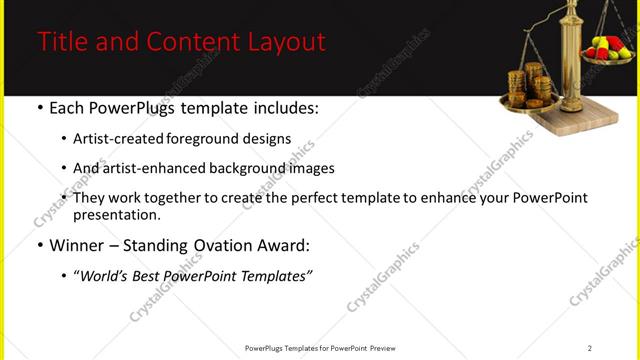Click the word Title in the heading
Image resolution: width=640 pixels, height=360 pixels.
pos(60,42)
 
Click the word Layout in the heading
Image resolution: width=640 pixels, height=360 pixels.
pos(288,42)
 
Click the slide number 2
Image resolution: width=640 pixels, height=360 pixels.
pos(590,348)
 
